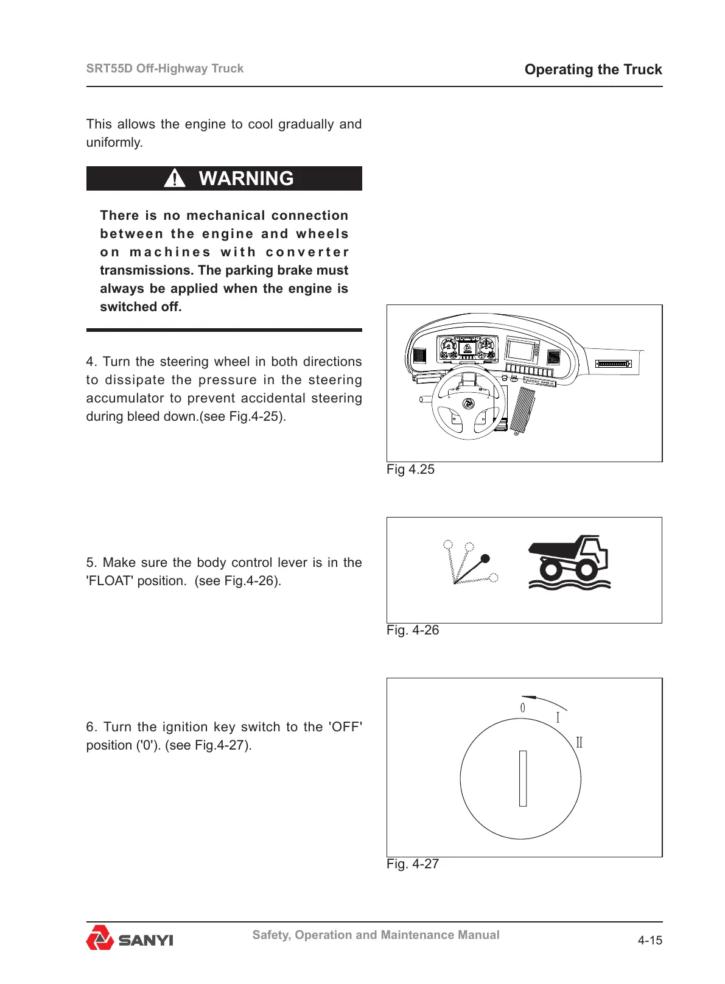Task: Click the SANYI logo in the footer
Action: (x=130, y=938)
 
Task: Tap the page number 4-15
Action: (x=650, y=941)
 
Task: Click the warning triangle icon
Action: (x=175, y=178)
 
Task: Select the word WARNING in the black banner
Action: (x=246, y=178)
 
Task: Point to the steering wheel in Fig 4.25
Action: (x=468, y=404)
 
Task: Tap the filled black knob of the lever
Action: (x=485, y=558)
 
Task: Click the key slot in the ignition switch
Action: (x=522, y=778)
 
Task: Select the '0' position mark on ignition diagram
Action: (x=522, y=708)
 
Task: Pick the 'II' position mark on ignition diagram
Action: (x=579, y=742)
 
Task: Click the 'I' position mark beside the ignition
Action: (x=558, y=718)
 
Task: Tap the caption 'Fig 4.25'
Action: (x=410, y=469)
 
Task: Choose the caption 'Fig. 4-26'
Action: (x=413, y=630)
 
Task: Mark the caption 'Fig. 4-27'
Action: (x=413, y=864)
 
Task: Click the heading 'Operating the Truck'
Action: (x=593, y=69)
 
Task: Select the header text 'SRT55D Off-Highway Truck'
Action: (x=165, y=68)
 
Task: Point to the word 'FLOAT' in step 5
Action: (x=110, y=581)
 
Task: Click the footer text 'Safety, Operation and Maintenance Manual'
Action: (x=376, y=935)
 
